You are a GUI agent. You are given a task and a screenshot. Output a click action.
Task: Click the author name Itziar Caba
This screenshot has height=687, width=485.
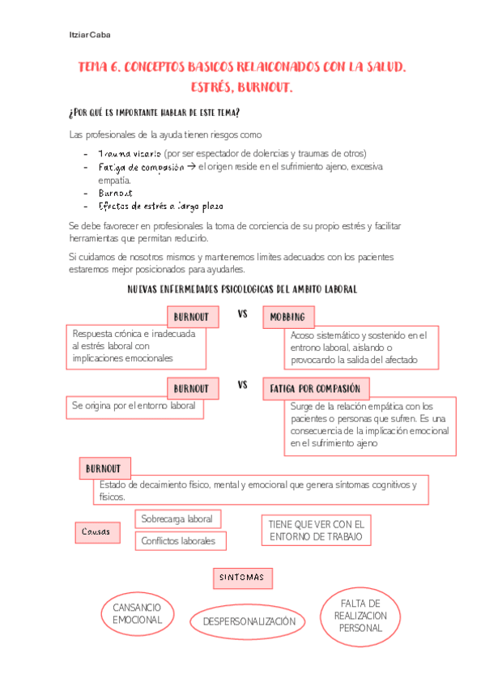(x=89, y=36)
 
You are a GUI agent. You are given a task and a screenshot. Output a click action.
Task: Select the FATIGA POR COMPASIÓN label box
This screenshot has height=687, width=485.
(x=316, y=389)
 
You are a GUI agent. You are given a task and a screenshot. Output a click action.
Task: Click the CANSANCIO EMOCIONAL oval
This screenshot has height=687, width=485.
(x=138, y=613)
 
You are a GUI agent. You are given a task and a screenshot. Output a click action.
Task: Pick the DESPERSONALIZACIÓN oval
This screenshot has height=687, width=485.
(x=249, y=621)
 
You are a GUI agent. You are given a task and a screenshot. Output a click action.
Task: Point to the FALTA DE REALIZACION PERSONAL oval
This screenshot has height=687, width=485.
(x=360, y=616)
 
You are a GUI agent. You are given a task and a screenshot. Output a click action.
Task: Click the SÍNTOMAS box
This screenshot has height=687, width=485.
(x=241, y=578)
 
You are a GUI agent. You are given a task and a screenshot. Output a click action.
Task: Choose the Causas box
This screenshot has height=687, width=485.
(x=96, y=531)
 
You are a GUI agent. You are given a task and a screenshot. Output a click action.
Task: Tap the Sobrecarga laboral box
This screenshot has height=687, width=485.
(x=177, y=518)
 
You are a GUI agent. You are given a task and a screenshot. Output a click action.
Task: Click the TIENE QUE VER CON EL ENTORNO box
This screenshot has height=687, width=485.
(x=317, y=530)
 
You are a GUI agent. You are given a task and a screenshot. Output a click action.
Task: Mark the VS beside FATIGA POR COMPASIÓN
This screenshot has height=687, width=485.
(x=242, y=386)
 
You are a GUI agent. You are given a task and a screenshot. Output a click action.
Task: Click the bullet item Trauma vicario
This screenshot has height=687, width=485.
(x=129, y=153)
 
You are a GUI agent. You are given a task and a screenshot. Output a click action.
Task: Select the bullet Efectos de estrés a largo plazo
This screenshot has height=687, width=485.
(x=160, y=206)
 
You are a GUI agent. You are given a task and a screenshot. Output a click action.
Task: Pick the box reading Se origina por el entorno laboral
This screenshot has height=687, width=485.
(x=134, y=406)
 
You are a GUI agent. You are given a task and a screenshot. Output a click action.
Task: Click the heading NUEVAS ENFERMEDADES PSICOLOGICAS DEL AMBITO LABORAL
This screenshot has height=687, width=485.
(x=243, y=289)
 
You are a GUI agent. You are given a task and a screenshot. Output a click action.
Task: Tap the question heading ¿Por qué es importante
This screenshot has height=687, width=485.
(x=154, y=112)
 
